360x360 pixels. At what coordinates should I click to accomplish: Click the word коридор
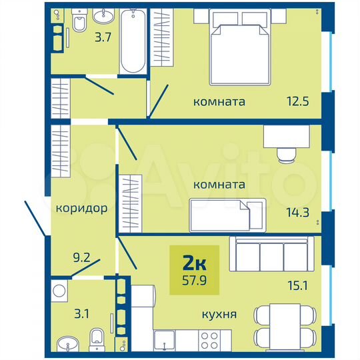pos(81,208)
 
